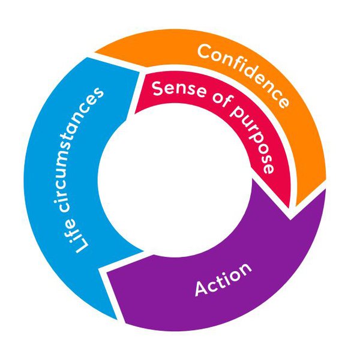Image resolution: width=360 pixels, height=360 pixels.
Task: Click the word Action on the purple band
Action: (223, 280)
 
